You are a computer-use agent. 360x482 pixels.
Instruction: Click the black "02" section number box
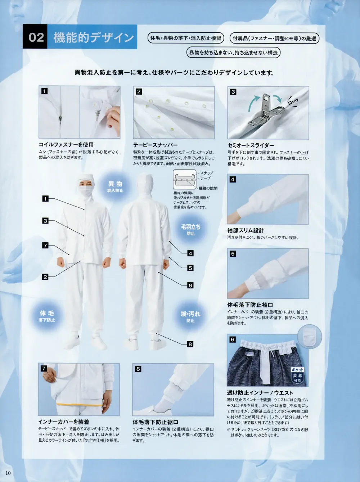coord(36,37)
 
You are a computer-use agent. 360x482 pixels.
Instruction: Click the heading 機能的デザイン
coord(94,37)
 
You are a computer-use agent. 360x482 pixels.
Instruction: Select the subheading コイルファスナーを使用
coord(66,145)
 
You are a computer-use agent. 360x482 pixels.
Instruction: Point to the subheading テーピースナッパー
coord(156,145)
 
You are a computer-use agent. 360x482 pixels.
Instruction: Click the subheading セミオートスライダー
coord(251,145)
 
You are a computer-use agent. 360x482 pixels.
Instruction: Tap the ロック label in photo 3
coord(293,102)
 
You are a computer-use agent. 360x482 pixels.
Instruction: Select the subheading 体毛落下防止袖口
coord(250,305)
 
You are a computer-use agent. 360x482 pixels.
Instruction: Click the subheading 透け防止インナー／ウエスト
coord(260,393)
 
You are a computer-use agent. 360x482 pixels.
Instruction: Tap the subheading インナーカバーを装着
coord(64,422)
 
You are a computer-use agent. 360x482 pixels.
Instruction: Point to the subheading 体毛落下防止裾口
coord(156,422)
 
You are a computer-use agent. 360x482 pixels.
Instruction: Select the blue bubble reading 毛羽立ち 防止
coord(190,230)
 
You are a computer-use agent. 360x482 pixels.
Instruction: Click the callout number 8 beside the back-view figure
coord(190,344)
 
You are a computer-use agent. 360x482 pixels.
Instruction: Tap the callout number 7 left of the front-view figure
coord(45,245)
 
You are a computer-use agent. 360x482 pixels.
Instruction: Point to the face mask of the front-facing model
coord(86,193)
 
